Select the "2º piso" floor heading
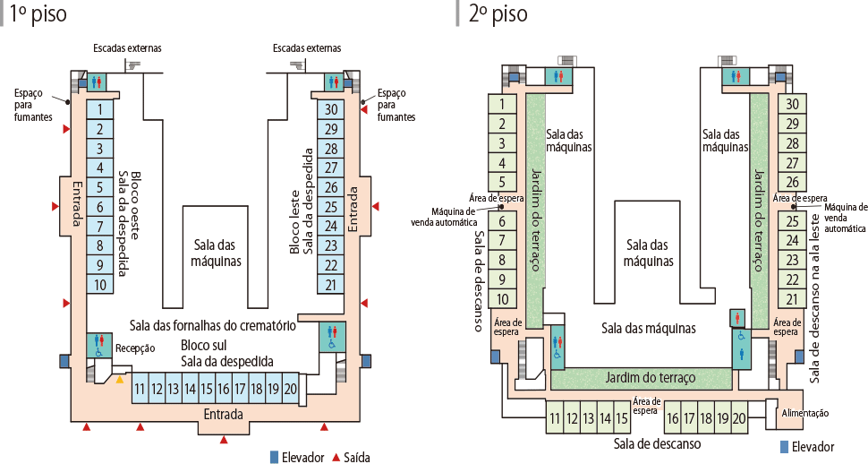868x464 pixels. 498,14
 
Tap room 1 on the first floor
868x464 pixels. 100,109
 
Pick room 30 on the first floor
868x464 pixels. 331,109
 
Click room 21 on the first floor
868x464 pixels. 331,285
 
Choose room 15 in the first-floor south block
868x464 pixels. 207,389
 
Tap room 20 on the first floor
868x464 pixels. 290,389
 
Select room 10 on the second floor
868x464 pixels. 503,299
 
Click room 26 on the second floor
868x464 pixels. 792,183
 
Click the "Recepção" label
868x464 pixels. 136,348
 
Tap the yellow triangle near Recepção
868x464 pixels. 120,380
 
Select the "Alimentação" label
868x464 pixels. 805,413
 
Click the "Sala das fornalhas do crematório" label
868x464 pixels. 213,325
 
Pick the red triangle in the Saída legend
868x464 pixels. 336,457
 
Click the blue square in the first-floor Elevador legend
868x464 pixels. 275,457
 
